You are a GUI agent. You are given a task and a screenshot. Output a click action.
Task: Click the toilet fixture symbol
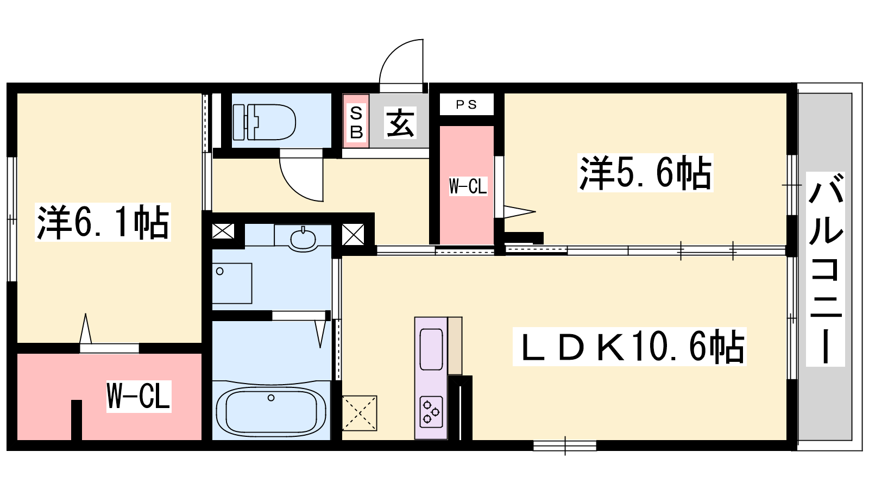[264, 122]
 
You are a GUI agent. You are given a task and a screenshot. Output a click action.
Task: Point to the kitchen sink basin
[431, 349]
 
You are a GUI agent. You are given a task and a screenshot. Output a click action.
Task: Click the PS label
[466, 104]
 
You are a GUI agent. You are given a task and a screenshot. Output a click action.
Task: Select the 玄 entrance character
[400, 123]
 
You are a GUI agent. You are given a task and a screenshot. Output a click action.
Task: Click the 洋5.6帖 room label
[646, 173]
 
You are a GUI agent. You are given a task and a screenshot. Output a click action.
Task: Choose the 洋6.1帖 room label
[103, 222]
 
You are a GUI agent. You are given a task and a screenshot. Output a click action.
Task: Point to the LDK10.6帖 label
[629, 347]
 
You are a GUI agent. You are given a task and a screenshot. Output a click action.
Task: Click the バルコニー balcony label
[825, 269]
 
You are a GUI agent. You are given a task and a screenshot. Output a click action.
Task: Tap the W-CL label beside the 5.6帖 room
[468, 186]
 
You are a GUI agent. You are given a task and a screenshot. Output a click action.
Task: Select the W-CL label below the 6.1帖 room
[139, 396]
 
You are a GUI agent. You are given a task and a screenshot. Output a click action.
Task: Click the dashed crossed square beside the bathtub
[359, 413]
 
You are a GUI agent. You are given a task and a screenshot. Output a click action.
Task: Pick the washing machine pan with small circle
[232, 283]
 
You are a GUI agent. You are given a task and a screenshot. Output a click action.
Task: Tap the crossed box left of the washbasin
[223, 231]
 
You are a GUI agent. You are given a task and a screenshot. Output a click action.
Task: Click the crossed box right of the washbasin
[353, 234]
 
